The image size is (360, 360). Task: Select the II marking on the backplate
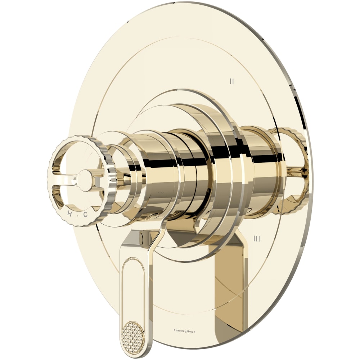pyautogui.click(x=232, y=81)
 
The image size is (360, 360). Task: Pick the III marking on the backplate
pyautogui.click(x=257, y=238)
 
